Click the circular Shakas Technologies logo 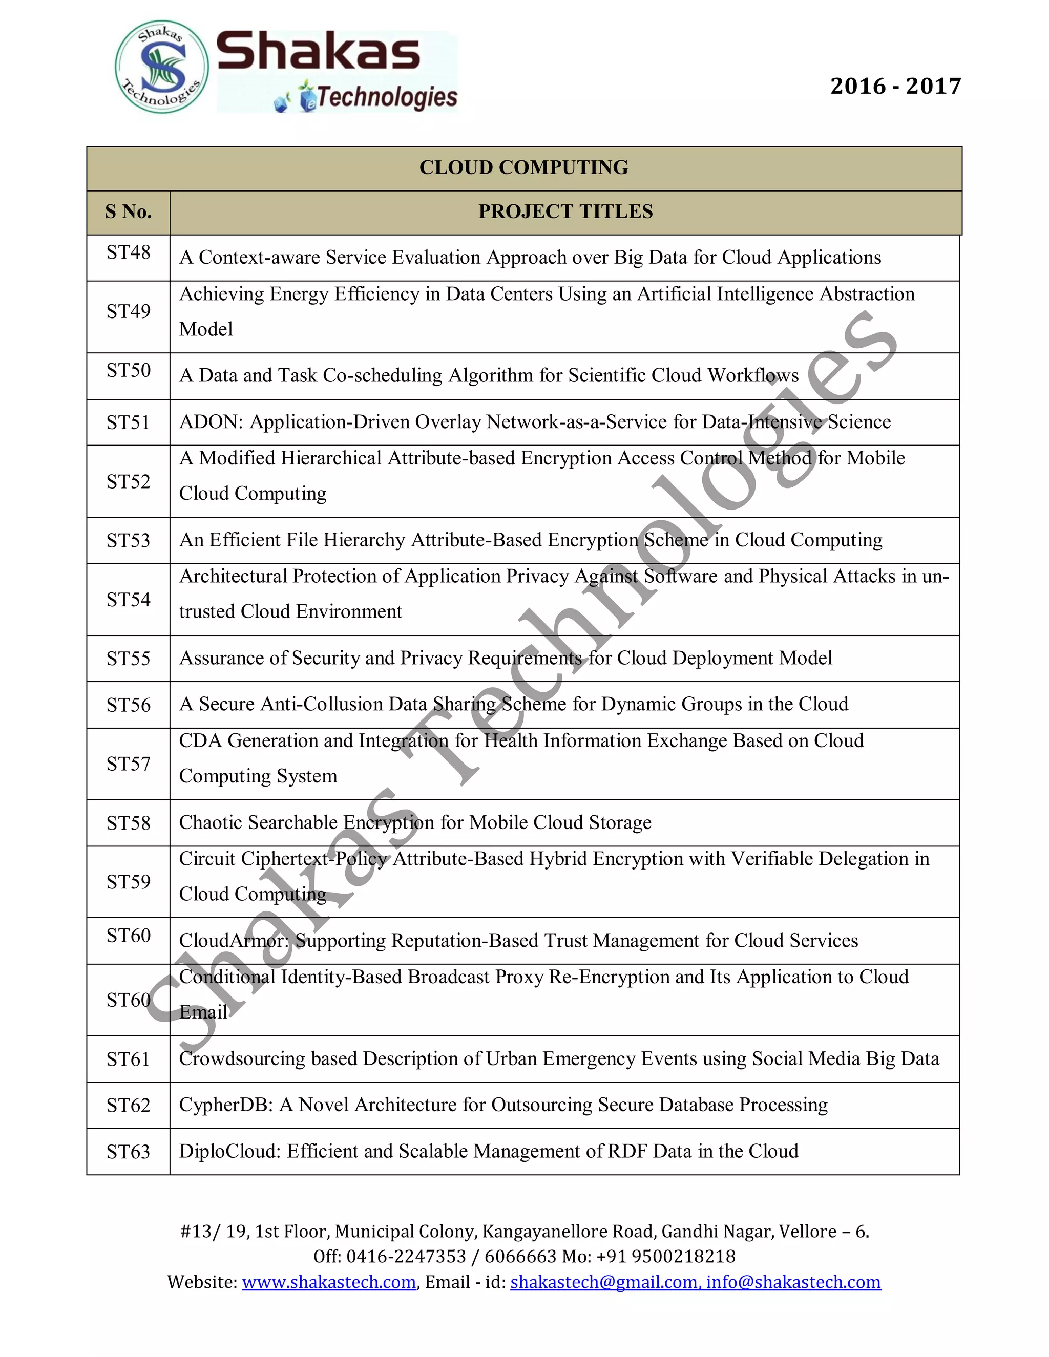click(x=161, y=68)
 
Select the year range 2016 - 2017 click(x=895, y=86)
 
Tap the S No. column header click(x=128, y=212)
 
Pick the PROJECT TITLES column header click(x=565, y=212)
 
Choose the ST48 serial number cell click(x=128, y=252)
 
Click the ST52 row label click(x=128, y=481)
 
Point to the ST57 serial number click(x=128, y=764)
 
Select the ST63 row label click(x=128, y=1152)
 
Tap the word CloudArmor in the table click(x=233, y=941)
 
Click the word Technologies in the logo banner click(x=387, y=97)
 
